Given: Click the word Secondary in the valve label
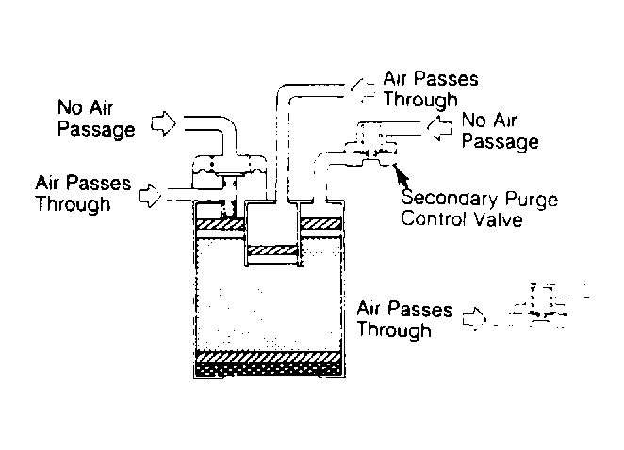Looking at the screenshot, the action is click(450, 198).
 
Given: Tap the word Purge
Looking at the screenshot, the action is click(532, 200).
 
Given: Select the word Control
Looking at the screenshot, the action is click(433, 218).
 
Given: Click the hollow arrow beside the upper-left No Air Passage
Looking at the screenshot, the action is click(164, 123).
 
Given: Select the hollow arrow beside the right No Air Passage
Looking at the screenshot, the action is click(440, 128).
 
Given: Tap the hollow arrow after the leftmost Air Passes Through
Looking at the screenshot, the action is click(150, 196).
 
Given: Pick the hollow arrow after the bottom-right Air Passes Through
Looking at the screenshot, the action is click(475, 319).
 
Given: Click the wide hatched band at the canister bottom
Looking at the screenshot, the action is click(269, 357).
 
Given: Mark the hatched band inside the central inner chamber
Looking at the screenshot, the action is click(272, 250).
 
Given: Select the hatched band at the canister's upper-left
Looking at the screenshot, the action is click(220, 224).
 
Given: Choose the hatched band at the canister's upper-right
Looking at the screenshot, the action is click(321, 224).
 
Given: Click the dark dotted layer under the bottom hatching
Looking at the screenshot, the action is click(269, 369).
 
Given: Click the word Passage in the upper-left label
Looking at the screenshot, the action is click(96, 130).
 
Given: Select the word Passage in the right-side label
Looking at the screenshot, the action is click(501, 142).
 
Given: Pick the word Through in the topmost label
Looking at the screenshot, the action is click(420, 100).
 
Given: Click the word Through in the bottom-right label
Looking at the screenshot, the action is click(394, 329).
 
